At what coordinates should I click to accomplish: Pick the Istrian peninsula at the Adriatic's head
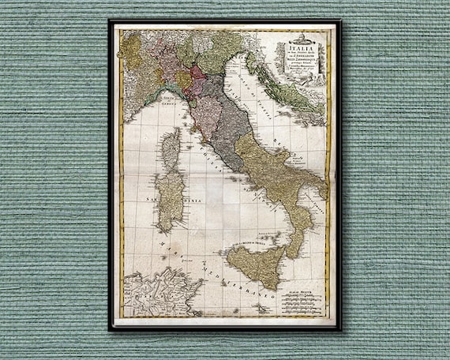pyautogui.click(x=250, y=60)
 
